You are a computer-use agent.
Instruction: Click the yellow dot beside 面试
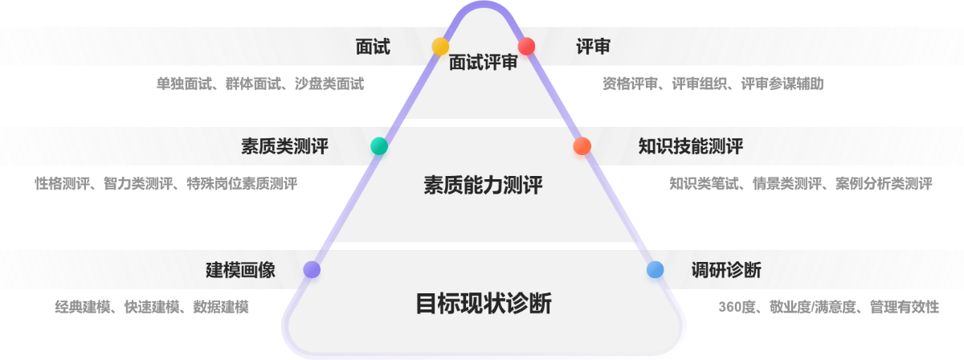coord(440,47)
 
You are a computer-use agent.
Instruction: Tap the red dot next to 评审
coord(527,47)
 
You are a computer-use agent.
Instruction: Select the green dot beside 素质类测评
coord(379,146)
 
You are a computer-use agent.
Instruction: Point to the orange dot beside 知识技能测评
coord(582,146)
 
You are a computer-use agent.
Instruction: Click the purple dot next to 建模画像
coord(312,270)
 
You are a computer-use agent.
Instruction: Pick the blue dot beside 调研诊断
coord(656,270)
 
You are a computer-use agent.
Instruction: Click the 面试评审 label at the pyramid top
coord(484,63)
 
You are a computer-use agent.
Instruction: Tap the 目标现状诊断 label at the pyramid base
coord(484,304)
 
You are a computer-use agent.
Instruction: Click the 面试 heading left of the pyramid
coord(373,47)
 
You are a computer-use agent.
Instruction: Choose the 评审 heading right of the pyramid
coord(593,47)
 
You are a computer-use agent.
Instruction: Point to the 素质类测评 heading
coord(284,146)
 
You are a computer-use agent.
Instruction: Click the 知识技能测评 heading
coord(690,146)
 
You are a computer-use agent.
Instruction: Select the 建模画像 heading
coord(240,270)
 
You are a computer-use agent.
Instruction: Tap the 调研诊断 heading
coord(726,270)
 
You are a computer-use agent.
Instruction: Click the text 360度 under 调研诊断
coord(735,307)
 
